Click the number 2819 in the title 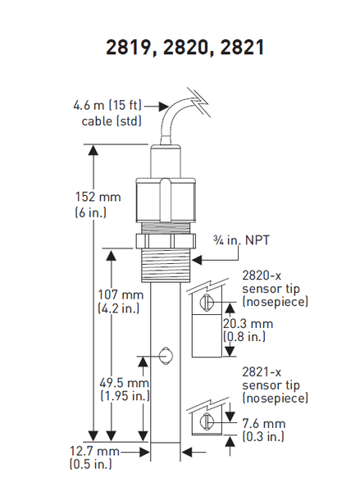point(129,48)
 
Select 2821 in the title point(242,48)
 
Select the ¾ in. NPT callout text point(241,240)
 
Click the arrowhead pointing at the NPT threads point(197,260)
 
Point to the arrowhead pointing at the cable point(164,107)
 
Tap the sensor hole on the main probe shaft point(165,356)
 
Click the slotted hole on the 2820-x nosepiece point(206,303)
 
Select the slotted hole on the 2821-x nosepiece point(206,421)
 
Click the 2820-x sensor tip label point(276,289)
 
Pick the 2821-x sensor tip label point(276,385)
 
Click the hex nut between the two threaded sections point(166,241)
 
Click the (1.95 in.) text point(125,396)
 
